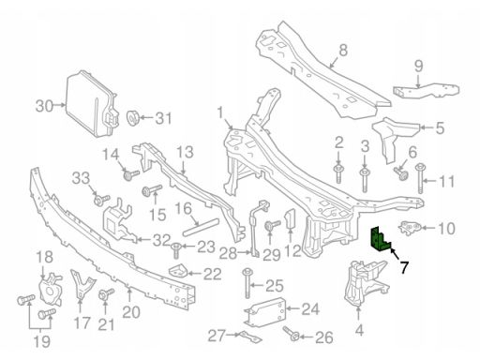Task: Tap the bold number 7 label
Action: tap(404, 268)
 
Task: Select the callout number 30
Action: tap(44, 106)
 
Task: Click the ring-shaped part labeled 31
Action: tap(133, 118)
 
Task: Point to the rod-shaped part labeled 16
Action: tap(201, 227)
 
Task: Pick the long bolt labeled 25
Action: tap(247, 283)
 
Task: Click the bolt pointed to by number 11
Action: tap(420, 178)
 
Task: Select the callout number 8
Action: tap(343, 50)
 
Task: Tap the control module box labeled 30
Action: tap(92, 105)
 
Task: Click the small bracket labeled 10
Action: tap(410, 227)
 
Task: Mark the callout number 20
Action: tap(131, 312)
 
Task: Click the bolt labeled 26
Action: tap(291, 335)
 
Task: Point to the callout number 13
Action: tap(185, 153)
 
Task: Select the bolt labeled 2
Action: tap(338, 172)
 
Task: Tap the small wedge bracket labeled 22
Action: tap(178, 271)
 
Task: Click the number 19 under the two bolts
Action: tap(41, 341)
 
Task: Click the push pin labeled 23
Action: tap(176, 250)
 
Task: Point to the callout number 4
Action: tap(359, 330)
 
